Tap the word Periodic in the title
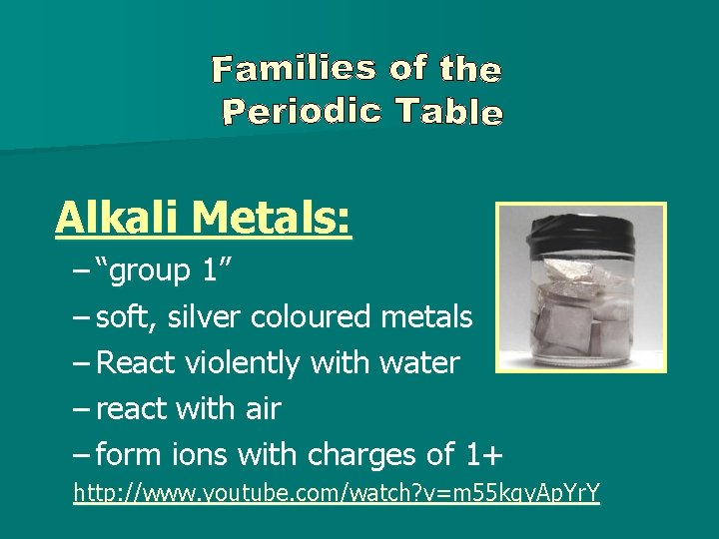[x=302, y=110]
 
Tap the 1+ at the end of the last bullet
[x=485, y=455]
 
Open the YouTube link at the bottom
[x=337, y=493]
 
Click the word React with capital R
[x=135, y=363]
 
